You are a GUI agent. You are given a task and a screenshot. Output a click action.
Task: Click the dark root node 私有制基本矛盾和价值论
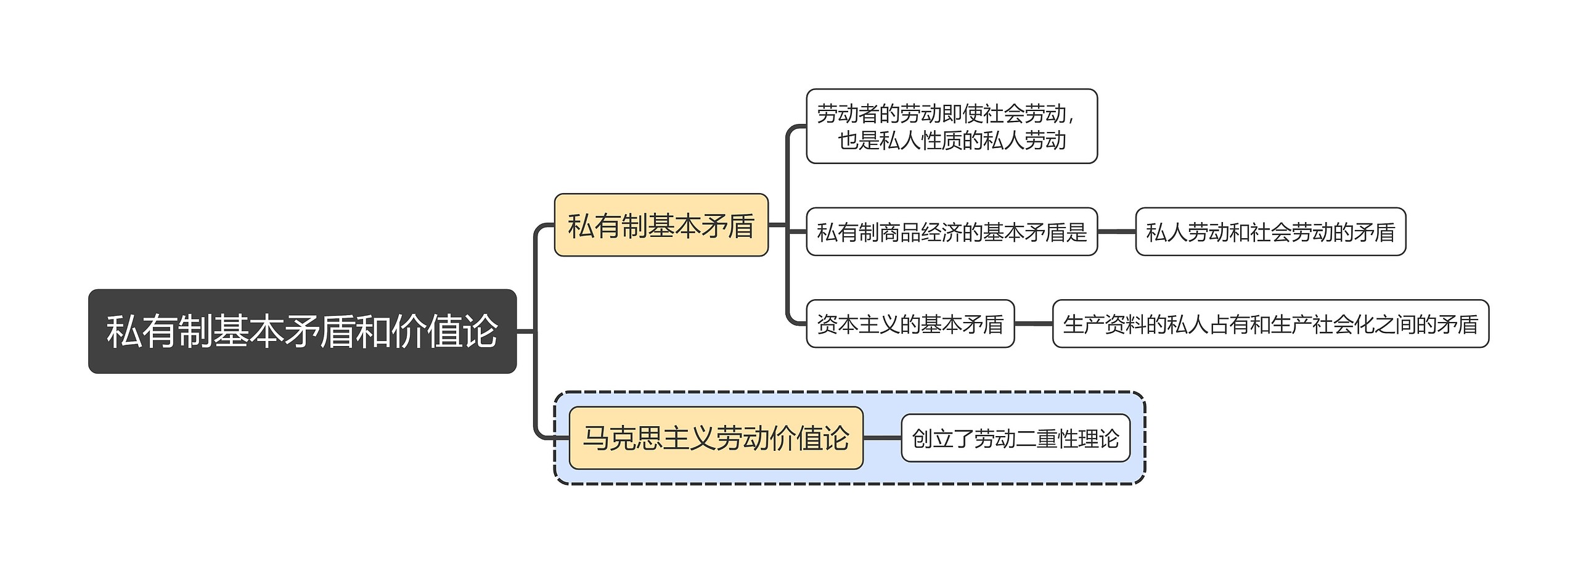[x=302, y=331]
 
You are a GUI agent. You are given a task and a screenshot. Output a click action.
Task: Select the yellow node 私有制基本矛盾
[x=661, y=225]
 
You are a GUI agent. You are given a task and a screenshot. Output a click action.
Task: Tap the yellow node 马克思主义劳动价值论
[x=716, y=438]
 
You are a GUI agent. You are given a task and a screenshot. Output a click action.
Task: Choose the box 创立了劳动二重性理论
[x=1015, y=438]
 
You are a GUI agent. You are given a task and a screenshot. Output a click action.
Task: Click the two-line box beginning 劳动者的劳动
[x=951, y=126]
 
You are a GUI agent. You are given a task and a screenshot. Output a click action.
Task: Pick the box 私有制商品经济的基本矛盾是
[x=951, y=232]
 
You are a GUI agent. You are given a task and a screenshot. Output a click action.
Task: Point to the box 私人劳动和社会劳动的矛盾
[x=1270, y=232]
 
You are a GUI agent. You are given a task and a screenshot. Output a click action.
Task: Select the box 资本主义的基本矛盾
[x=910, y=324]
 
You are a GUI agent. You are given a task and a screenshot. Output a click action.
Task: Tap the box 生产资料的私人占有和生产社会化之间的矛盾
[x=1270, y=324]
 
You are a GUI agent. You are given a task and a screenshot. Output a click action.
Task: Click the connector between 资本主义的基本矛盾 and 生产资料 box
[x=1034, y=324]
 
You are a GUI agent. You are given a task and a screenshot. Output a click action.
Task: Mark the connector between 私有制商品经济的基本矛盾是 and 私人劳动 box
[x=1116, y=232]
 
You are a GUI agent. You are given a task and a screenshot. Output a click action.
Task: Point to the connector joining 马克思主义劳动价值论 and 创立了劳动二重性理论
[x=882, y=438]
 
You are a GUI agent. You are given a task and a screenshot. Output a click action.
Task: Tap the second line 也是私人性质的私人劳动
[x=952, y=141]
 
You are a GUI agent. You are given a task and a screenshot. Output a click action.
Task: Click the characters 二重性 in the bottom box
[x=1046, y=439]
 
